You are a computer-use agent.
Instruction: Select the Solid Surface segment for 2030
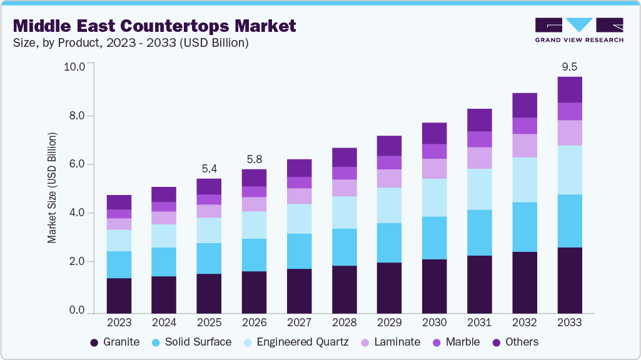[434, 238]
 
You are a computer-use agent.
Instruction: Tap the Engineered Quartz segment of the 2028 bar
[344, 212]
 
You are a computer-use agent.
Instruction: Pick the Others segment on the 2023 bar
[119, 202]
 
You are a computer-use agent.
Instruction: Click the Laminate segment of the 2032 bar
[525, 146]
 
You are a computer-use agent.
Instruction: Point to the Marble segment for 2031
[480, 139]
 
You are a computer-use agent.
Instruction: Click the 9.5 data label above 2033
[570, 66]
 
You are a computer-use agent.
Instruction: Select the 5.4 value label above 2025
[209, 168]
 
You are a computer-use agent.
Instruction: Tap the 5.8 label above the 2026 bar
[254, 159]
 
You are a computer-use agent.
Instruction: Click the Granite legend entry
[115, 342]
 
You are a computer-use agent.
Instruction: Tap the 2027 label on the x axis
[299, 322]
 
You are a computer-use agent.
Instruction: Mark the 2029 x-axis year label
[389, 322]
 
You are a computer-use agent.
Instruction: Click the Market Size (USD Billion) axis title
[53, 188]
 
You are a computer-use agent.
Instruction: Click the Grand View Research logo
[578, 30]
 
